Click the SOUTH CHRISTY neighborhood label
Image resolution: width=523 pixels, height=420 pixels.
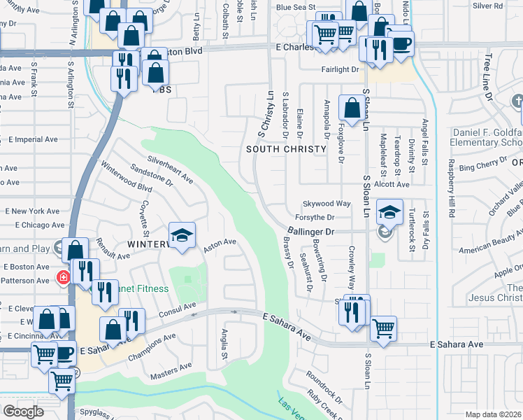coord(286,149)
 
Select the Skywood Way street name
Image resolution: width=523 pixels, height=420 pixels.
coord(326,204)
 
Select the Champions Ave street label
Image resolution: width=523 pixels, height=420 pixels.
coord(152,348)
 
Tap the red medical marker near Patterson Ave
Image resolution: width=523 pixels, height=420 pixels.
coord(64,277)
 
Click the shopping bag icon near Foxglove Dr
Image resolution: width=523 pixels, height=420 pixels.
coord(351,108)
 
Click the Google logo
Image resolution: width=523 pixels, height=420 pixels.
coord(23,412)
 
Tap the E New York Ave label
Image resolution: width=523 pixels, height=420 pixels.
coord(33,211)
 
